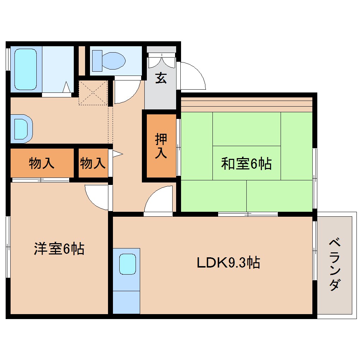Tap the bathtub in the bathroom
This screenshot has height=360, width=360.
coord(25,69)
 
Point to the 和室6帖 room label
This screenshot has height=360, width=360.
coord(246,163)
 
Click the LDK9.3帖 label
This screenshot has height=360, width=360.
coord(228,263)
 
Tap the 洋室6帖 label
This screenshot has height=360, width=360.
coord(59,249)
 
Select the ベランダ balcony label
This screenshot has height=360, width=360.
coord(335,265)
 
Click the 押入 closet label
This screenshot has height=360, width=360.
coord(161,146)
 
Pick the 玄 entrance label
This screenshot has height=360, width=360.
coord(161,78)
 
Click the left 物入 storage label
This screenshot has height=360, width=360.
coord(42,163)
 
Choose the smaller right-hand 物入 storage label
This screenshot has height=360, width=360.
coord(92,163)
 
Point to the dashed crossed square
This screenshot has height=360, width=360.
coord(92,92)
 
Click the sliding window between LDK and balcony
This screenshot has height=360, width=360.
coord(314,251)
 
